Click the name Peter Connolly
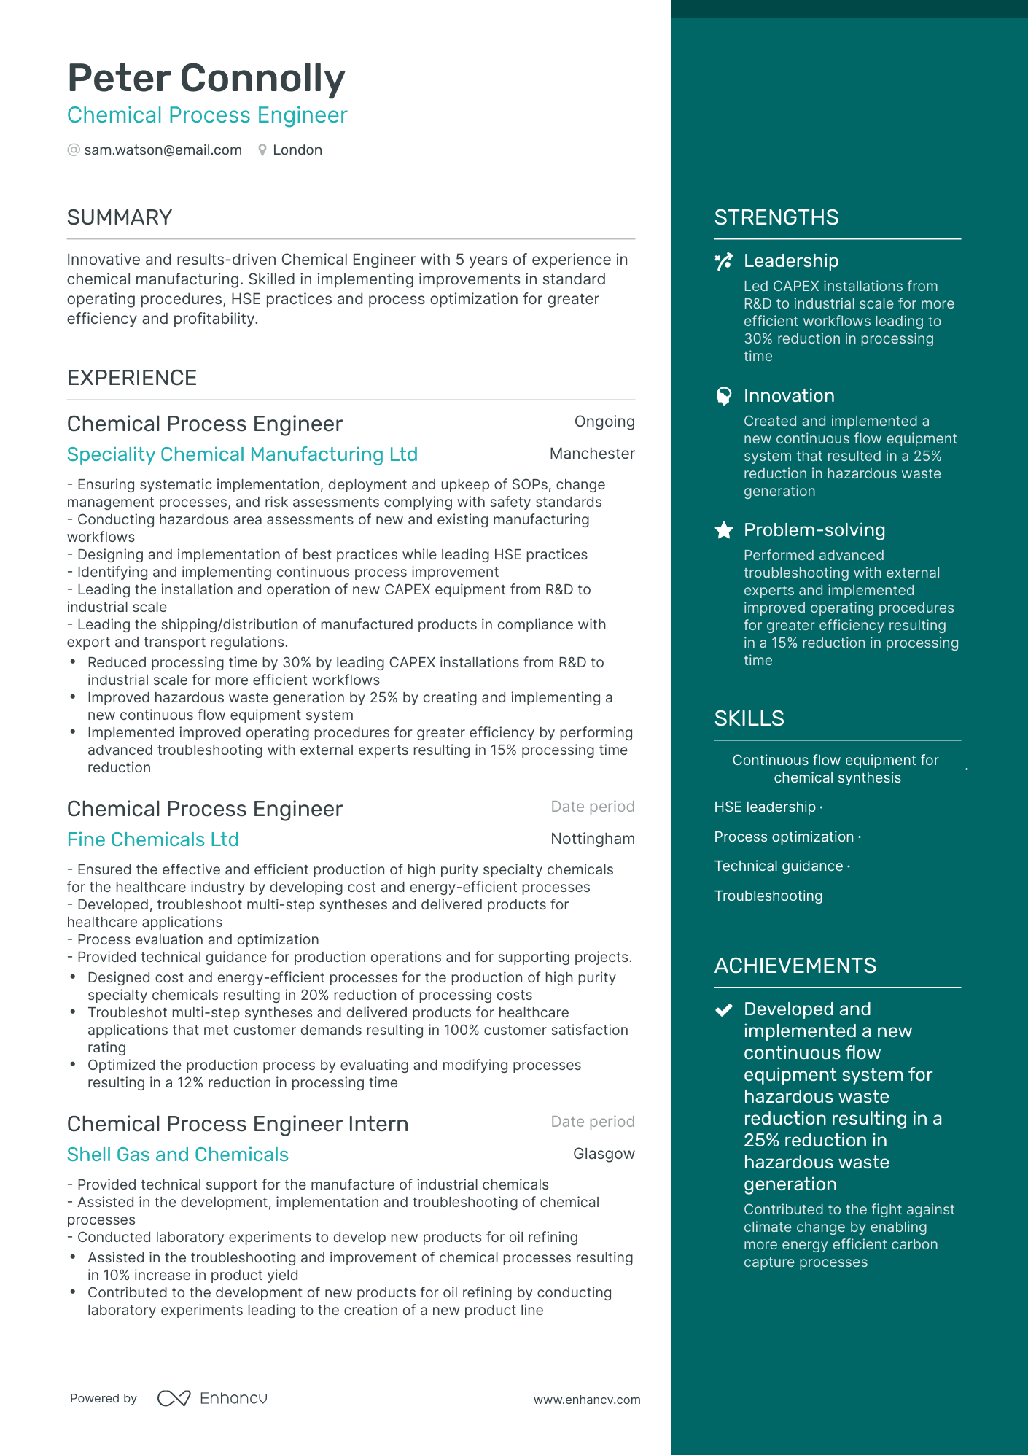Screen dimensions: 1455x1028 [x=206, y=78]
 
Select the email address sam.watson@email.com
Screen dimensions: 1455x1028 [x=163, y=150]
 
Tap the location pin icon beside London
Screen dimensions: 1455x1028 [x=262, y=150]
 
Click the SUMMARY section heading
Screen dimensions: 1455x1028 [x=120, y=217]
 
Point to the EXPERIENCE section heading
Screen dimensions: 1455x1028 [x=132, y=378]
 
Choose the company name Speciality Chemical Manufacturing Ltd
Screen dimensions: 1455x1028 [x=242, y=454]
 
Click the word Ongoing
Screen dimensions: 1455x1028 [x=604, y=422]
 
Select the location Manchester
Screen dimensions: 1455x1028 [x=592, y=454]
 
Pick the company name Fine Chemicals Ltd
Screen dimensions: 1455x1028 [x=153, y=839]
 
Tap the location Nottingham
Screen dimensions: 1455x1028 [x=593, y=839]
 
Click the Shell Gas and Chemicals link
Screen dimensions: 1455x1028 [x=178, y=1155]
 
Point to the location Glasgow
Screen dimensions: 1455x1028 [x=604, y=1154]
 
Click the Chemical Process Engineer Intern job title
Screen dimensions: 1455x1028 [x=238, y=1124]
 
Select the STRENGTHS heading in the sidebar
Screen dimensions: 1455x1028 [x=776, y=217]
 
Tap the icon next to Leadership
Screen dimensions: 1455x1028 [x=723, y=262]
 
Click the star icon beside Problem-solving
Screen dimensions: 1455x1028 [x=723, y=530]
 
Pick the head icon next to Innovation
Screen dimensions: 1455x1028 [x=723, y=396]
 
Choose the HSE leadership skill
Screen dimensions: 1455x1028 [x=765, y=807]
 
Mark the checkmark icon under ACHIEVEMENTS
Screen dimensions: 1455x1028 [x=723, y=1010]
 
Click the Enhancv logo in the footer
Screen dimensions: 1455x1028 [x=212, y=1398]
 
